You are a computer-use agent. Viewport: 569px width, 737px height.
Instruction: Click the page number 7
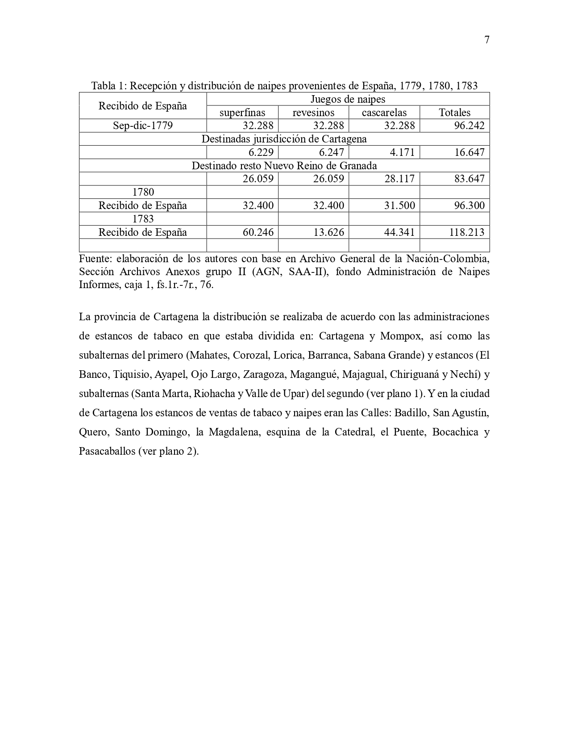pos(486,40)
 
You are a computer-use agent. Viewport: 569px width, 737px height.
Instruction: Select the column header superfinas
pos(242,113)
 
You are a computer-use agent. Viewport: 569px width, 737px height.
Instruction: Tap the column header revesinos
pos(313,113)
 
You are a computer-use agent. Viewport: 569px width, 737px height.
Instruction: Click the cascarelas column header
pos(384,113)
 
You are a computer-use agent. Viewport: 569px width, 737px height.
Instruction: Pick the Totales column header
pos(455,113)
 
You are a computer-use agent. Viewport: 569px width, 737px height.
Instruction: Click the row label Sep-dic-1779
pos(143,126)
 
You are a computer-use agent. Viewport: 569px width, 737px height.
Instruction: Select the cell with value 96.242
pos(469,126)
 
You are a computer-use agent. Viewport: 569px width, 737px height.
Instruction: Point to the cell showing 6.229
pos(258,152)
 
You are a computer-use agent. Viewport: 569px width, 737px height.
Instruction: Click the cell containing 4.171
pos(402,152)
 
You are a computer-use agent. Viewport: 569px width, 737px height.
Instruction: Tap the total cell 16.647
pos(469,152)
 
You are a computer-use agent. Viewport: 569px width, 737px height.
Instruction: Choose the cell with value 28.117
pos(399,179)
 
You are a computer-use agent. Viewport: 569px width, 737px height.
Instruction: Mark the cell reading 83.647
pos(469,179)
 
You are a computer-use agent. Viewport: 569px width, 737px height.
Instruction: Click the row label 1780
pos(143,192)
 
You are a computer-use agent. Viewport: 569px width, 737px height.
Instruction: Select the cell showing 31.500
pos(399,205)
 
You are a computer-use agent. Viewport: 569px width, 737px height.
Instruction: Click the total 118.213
pos(466,232)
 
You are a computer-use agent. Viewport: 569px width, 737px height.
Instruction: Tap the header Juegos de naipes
pos(348,99)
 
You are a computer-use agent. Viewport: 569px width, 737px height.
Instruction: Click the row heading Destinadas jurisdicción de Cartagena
pos(284,139)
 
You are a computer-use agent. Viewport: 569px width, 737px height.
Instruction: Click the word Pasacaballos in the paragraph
pos(107,451)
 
